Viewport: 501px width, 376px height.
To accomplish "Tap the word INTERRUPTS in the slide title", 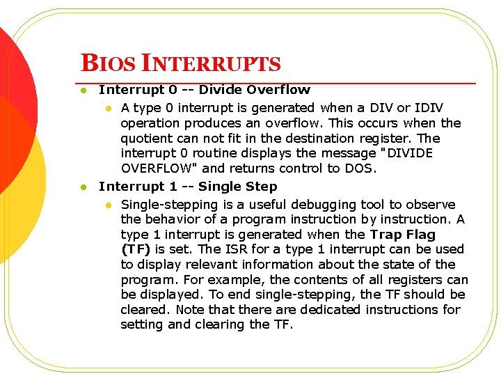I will [212, 64].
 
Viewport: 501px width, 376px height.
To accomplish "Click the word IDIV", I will [429, 108].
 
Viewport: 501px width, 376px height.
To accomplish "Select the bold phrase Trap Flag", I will [403, 235].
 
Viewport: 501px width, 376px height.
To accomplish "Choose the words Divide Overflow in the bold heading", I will [255, 90].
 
